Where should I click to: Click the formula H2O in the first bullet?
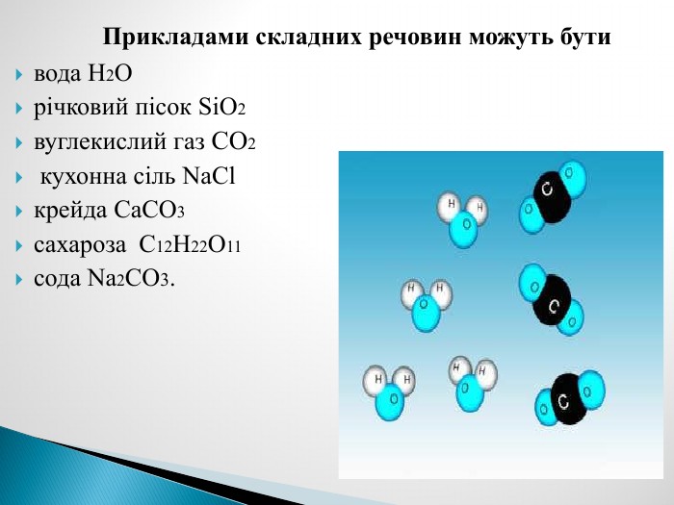[x=110, y=73]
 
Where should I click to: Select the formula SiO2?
[x=222, y=108]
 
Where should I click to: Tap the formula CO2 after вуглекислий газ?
[x=233, y=141]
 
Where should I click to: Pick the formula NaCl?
[x=209, y=176]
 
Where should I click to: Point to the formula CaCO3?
[x=149, y=211]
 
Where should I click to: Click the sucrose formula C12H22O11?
[x=190, y=244]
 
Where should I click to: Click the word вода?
[x=58, y=74]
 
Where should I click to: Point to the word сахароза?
[x=80, y=245]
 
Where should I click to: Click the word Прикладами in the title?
[x=176, y=37]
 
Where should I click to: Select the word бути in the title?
[x=584, y=37]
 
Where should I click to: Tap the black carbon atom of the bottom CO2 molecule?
[x=569, y=399]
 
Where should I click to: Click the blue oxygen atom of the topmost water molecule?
[x=463, y=231]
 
